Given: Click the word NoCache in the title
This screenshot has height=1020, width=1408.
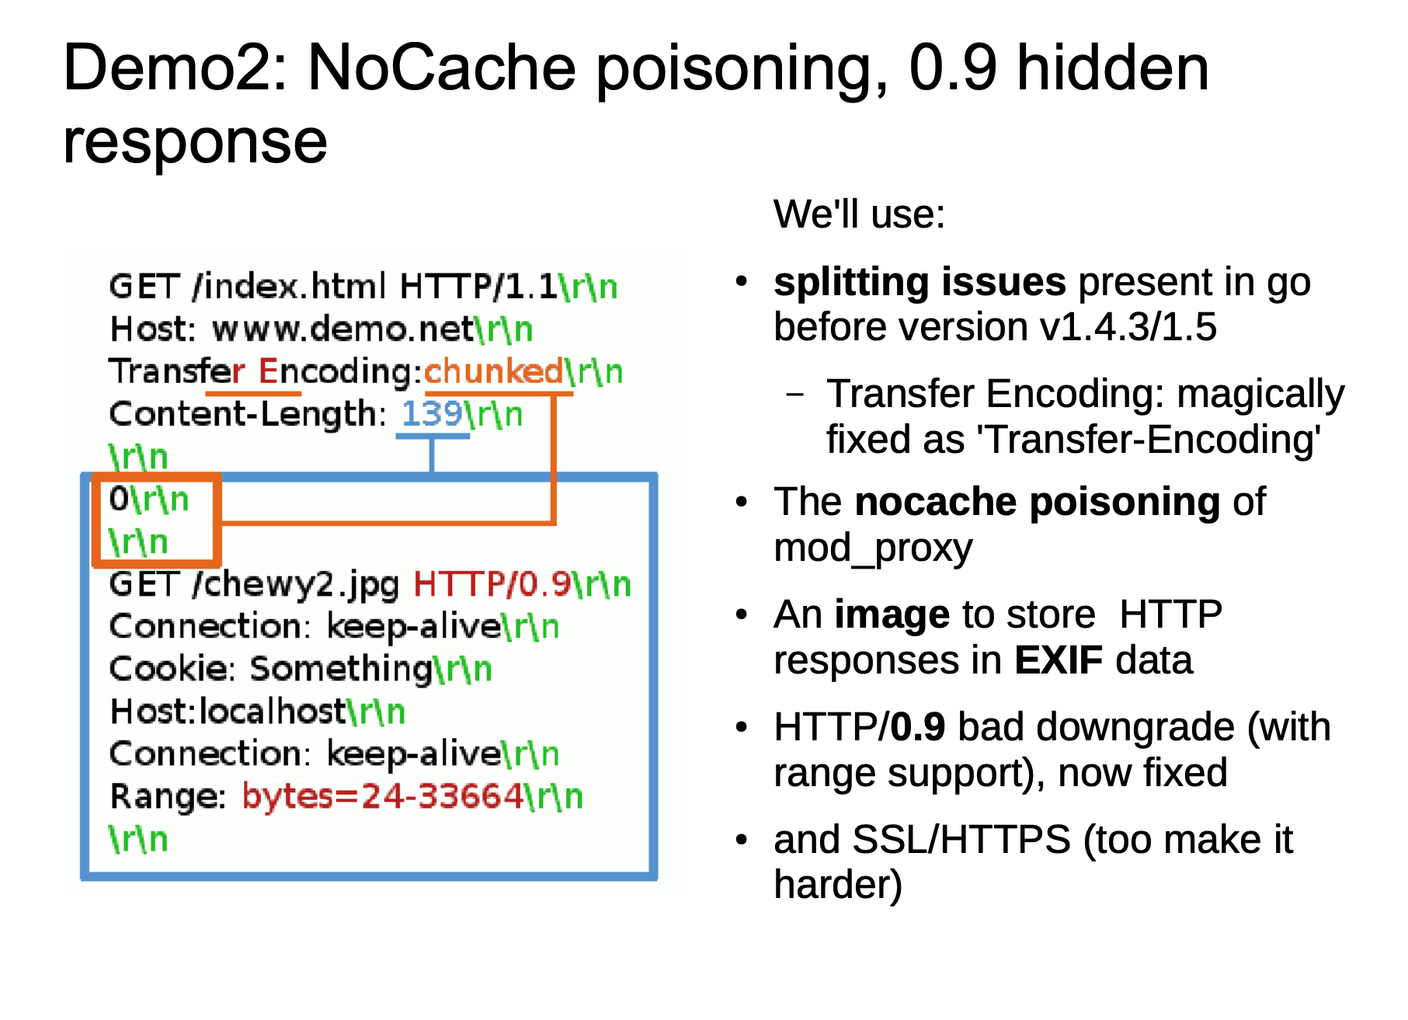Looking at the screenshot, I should pyautogui.click(x=441, y=68).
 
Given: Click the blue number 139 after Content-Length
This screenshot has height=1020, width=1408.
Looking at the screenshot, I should pyautogui.click(x=432, y=414).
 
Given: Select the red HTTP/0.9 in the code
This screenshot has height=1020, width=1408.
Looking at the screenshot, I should pyautogui.click(x=492, y=584).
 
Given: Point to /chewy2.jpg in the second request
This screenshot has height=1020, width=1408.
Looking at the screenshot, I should pyautogui.click(x=296, y=584).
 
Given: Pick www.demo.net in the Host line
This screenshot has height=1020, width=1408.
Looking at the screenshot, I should pyautogui.click(x=342, y=329).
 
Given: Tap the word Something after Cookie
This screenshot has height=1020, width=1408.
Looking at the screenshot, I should pyautogui.click(x=341, y=669).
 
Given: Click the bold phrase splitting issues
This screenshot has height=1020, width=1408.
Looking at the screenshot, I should pyautogui.click(x=920, y=282).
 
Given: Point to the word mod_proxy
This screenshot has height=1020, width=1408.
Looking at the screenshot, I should pyautogui.click(x=873, y=548).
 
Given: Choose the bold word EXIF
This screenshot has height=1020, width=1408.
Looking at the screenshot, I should pyautogui.click(x=1059, y=660).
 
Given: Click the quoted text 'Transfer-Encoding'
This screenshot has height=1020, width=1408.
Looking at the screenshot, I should pyautogui.click(x=1149, y=440).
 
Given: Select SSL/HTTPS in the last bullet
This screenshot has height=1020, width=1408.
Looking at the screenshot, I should pyautogui.click(x=961, y=840).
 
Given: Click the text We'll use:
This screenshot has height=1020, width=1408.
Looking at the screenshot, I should pyautogui.click(x=859, y=214).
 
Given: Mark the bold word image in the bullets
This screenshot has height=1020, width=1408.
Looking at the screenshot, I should pyautogui.click(x=892, y=615).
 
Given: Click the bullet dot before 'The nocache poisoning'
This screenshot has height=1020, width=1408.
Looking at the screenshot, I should pyautogui.click(x=742, y=503).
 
